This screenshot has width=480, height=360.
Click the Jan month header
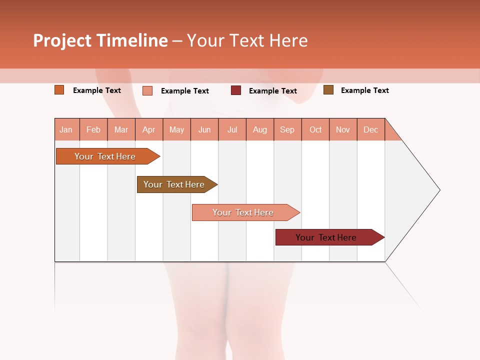coord(66,129)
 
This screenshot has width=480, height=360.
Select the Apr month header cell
coord(149,129)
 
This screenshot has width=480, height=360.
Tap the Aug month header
coord(259,129)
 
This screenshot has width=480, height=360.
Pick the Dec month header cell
coord(370,129)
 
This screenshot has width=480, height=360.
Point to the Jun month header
coord(204,129)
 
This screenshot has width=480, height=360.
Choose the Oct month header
coord(315,129)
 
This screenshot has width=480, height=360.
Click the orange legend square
coord(59,90)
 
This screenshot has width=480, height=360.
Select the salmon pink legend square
coord(147,90)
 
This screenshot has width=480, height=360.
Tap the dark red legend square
coord(235,90)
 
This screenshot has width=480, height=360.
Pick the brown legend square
coord(328,90)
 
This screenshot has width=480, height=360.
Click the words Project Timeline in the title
coord(100,40)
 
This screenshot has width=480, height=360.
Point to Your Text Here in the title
coord(247,40)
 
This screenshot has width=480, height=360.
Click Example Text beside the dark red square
coord(273,91)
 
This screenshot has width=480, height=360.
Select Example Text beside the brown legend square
coord(364,90)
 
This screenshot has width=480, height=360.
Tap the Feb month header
coord(93,129)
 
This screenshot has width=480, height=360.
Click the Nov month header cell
coord(343,129)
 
